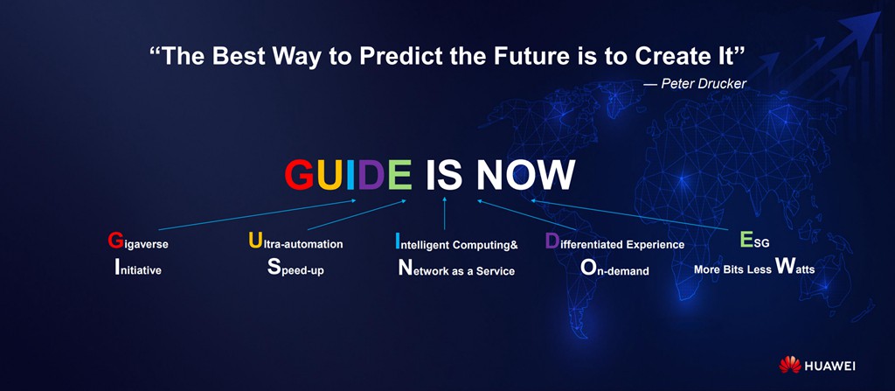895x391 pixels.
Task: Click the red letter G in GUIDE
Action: (x=300, y=174)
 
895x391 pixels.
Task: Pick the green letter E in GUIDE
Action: (x=399, y=174)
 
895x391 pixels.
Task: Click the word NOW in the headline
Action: (x=525, y=174)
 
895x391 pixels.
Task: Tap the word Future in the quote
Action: (x=546, y=57)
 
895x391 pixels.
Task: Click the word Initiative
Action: (x=137, y=268)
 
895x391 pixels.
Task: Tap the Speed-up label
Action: (x=295, y=268)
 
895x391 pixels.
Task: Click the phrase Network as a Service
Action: (x=456, y=269)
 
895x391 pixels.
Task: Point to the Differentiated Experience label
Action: (x=614, y=242)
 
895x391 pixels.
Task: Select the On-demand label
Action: (x=614, y=268)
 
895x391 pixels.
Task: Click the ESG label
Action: (x=754, y=241)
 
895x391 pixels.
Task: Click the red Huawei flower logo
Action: (x=790, y=365)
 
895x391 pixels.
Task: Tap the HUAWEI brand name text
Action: (x=829, y=366)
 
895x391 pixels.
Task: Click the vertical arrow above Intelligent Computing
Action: (x=445, y=213)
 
